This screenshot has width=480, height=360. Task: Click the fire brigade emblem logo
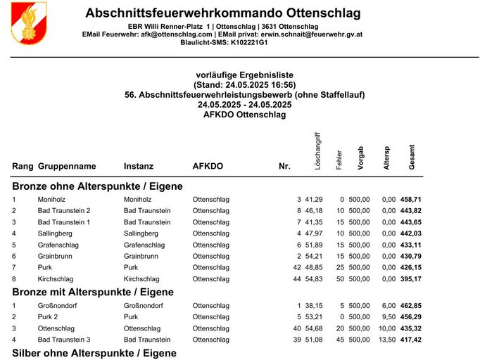click(29, 22)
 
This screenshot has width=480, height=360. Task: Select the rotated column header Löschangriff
click(318, 150)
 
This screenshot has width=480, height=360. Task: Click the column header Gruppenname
click(67, 167)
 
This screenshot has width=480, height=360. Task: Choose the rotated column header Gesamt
click(412, 157)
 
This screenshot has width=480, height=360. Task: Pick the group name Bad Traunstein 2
click(64, 211)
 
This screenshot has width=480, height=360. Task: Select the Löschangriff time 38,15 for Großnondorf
click(313, 306)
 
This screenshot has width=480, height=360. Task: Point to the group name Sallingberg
click(57, 233)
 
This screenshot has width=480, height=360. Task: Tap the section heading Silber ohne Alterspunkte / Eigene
click(94, 353)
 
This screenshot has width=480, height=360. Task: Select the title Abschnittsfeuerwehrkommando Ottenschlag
click(222, 13)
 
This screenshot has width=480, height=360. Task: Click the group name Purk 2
click(50, 317)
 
